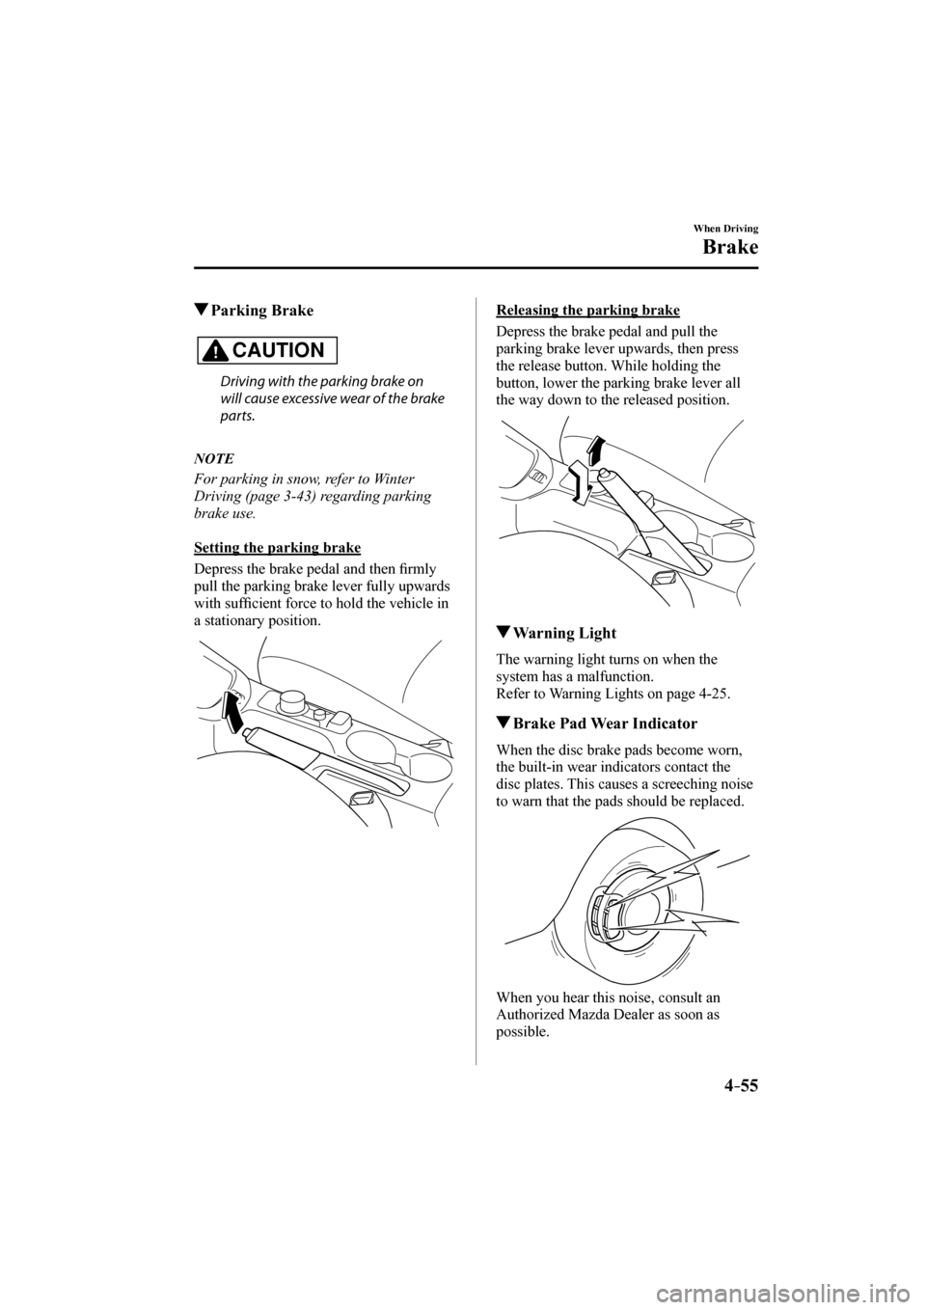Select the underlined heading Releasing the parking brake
tap(587, 310)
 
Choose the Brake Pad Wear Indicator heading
tap(605, 723)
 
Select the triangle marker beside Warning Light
tap(503, 634)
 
